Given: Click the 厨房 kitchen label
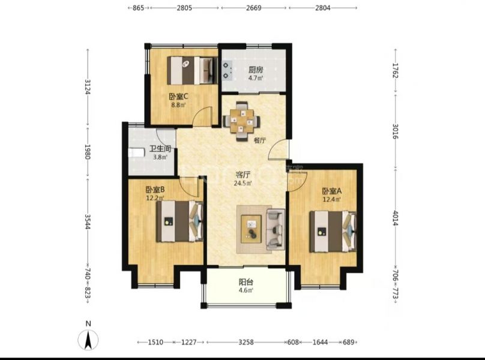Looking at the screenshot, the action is [x=256, y=70].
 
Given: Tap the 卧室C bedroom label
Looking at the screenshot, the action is [x=178, y=97].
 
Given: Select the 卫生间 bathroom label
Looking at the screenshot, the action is [x=160, y=149].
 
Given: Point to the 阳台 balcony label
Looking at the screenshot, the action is [x=246, y=282].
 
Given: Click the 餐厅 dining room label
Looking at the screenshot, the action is [x=260, y=140].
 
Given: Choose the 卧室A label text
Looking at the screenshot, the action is [x=331, y=191].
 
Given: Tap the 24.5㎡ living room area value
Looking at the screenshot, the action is [x=242, y=183].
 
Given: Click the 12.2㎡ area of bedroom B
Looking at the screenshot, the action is [x=155, y=198].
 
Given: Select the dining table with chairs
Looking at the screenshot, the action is [x=241, y=121].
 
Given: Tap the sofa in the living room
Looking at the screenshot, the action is [x=276, y=229].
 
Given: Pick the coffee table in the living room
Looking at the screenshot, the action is [x=251, y=229].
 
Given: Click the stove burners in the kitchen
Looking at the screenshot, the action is [x=227, y=71].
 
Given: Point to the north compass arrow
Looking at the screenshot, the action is [x=88, y=340].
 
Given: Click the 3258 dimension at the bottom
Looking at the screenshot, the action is [x=246, y=342].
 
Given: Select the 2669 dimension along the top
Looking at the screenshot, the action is [x=254, y=8].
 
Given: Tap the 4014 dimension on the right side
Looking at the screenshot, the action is [x=396, y=218].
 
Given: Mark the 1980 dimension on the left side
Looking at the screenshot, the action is [x=88, y=152].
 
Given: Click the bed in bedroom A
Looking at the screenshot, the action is [x=333, y=232].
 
